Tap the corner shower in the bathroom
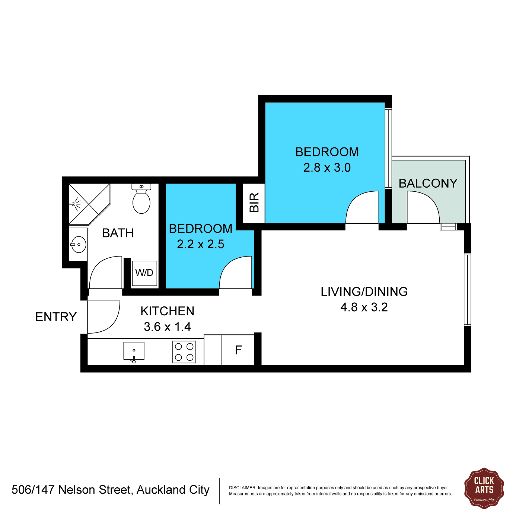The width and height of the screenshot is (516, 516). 89,204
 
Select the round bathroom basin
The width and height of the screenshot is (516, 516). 78,245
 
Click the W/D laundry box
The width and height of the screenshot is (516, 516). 144,273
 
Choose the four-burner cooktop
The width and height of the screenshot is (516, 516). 184,352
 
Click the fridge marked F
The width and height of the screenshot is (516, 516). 238,350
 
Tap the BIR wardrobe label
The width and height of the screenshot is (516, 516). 254,203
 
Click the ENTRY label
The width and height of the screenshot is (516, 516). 56,317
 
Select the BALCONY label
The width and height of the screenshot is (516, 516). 428,184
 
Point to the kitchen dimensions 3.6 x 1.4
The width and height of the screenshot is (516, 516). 168,327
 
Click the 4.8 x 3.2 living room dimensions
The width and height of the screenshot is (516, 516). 364,307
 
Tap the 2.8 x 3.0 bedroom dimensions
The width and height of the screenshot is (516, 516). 327,168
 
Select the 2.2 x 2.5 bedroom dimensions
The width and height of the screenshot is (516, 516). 201,244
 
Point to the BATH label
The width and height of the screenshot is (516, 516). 118,233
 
